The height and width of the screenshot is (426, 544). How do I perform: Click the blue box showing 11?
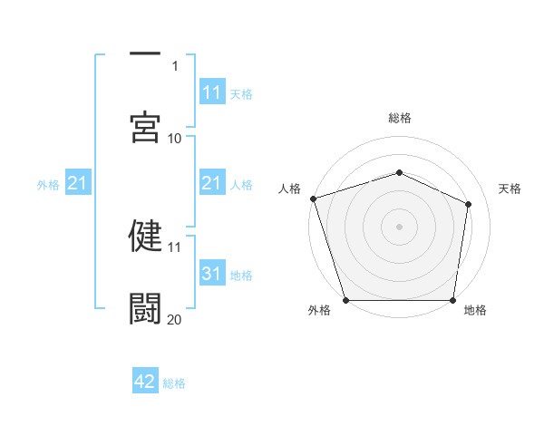[x=212, y=92]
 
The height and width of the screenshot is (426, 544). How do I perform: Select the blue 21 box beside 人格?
[x=212, y=183]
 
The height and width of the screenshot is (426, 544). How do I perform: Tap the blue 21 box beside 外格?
[x=78, y=184]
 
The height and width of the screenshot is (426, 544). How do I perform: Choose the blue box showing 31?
[x=212, y=274]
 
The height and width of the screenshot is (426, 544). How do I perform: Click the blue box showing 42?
[x=145, y=382]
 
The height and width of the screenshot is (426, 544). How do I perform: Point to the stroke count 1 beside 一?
[x=175, y=65]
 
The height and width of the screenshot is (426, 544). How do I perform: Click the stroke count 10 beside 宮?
[x=174, y=138]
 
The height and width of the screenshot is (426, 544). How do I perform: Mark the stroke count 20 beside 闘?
[x=174, y=318]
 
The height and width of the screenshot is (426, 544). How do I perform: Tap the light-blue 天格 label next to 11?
[x=241, y=93]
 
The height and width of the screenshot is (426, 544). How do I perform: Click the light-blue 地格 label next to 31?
[x=241, y=275]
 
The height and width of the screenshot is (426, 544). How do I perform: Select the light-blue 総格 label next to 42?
[x=174, y=382]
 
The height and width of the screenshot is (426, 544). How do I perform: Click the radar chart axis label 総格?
[x=399, y=118]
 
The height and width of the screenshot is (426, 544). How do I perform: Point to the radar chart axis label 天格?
[x=510, y=189]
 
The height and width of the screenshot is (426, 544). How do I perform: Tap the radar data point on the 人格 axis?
[x=313, y=198]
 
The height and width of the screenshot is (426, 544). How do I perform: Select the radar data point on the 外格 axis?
[x=345, y=300]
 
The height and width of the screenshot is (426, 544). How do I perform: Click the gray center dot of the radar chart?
[x=399, y=227]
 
